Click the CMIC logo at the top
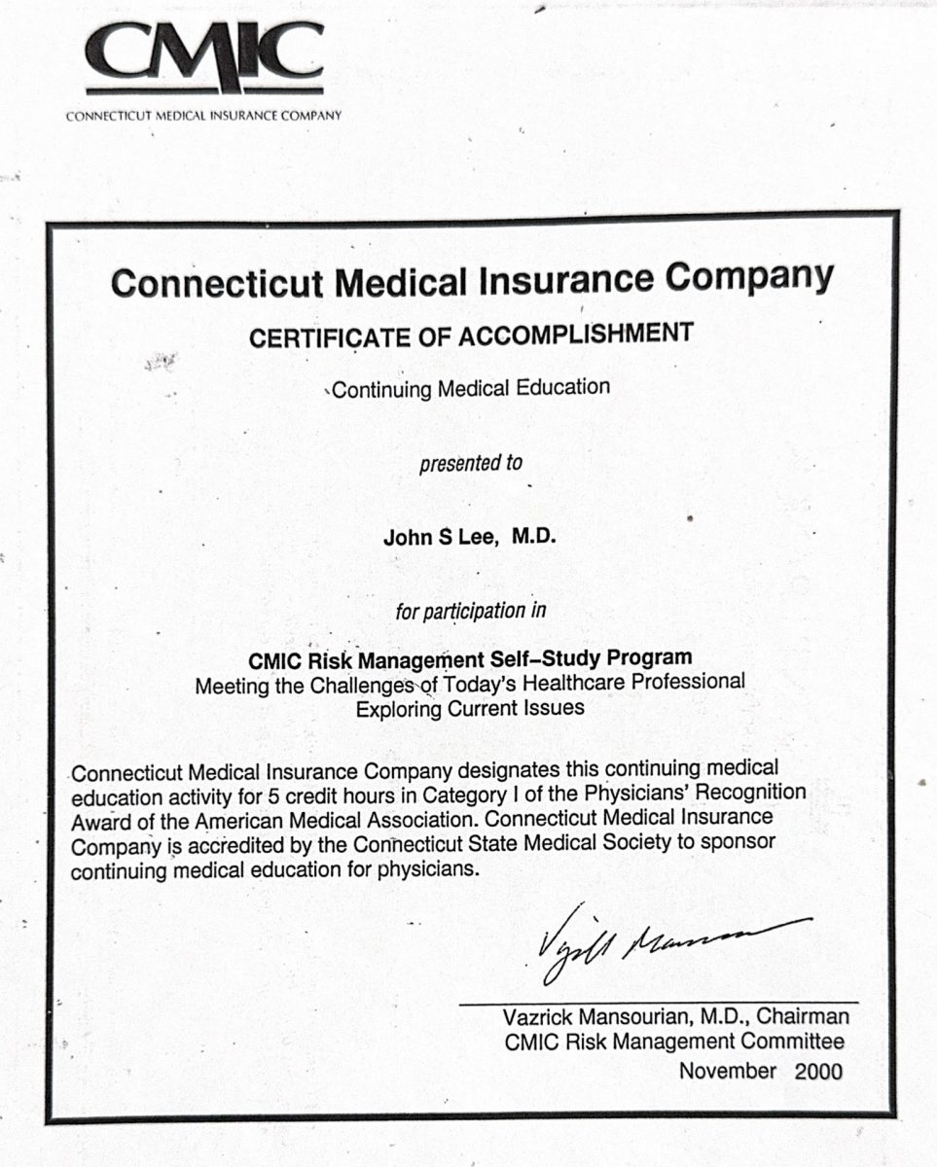(x=204, y=56)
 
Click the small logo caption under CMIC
(x=204, y=116)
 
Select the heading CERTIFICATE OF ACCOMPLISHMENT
(x=471, y=336)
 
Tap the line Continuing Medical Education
(x=471, y=388)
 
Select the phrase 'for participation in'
(x=471, y=612)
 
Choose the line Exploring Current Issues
(x=471, y=708)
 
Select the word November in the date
(x=728, y=1072)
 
